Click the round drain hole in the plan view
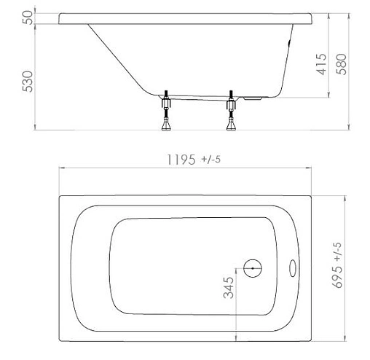pos(253,267)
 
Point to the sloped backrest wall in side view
pos(117,58)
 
